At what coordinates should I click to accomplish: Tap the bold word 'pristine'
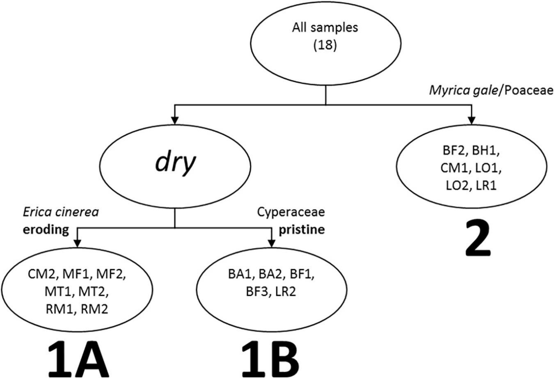click(302, 229)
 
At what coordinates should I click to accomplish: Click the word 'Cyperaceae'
click(291, 212)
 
